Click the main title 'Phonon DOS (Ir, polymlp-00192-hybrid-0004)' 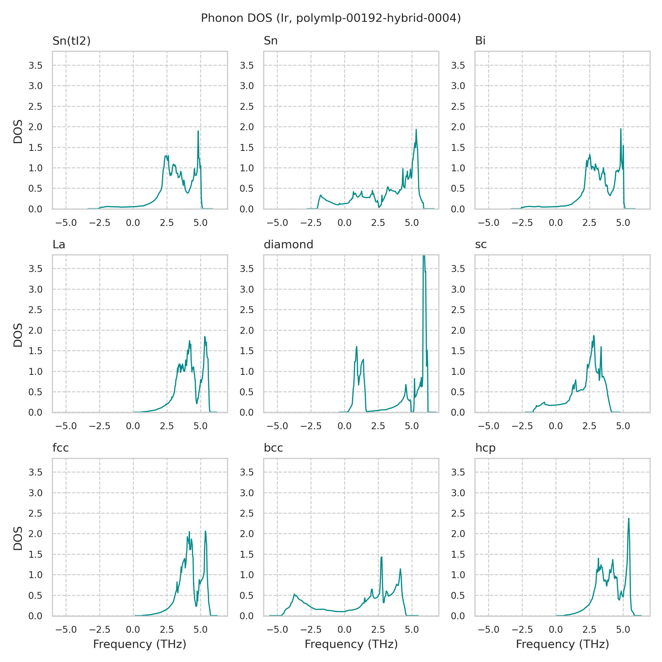(x=331, y=18)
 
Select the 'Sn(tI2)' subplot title (x=71, y=41)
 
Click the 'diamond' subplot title (x=288, y=244)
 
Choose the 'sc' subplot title (x=481, y=244)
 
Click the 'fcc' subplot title (x=60, y=448)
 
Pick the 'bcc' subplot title (x=273, y=448)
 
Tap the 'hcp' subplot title (x=485, y=448)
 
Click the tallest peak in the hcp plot (x=628, y=519)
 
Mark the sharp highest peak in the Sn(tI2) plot (x=198, y=131)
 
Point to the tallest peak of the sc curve (x=594, y=336)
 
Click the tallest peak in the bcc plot (x=382, y=557)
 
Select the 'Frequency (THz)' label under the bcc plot (x=351, y=644)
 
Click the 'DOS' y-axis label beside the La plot (x=18, y=335)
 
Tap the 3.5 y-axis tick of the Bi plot (x=458, y=65)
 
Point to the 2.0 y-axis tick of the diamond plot (x=246, y=331)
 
